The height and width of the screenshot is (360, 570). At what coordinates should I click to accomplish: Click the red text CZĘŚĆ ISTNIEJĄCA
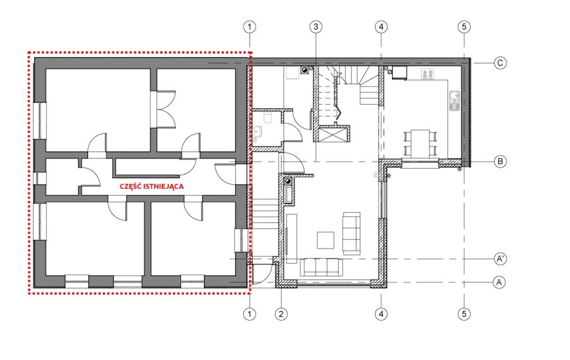151,186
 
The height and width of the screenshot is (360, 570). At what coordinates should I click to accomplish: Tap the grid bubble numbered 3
315,27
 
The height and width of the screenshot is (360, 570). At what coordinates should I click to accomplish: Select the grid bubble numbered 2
281,314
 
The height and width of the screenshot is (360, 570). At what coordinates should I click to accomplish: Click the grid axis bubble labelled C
500,63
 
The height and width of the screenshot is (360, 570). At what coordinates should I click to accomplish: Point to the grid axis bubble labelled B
500,161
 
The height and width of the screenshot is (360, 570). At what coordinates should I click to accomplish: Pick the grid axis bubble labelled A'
500,259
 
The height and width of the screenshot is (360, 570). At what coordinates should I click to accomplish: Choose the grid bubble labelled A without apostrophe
499,282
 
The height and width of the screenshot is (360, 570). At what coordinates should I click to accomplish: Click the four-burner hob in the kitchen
428,74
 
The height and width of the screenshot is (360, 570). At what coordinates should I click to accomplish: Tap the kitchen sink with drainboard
454,101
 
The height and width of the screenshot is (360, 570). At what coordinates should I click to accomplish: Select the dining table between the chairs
421,143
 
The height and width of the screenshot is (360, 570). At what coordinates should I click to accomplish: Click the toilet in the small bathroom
268,117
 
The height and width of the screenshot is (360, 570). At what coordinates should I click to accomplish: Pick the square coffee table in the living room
326,240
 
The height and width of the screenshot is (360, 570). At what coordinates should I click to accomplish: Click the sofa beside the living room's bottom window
321,267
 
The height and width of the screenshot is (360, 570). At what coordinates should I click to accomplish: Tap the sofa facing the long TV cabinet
351,234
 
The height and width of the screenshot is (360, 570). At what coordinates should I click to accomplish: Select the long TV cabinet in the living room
291,238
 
